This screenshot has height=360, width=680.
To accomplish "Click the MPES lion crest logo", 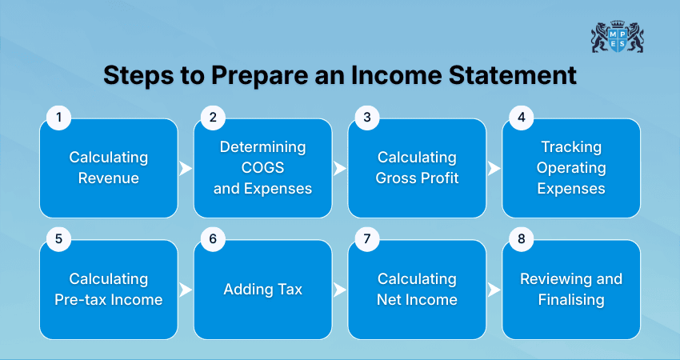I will click(x=617, y=36).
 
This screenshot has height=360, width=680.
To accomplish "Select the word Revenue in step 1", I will click(x=109, y=178).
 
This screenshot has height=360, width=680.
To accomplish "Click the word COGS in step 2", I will click(x=262, y=168).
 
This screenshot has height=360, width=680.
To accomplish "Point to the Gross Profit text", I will click(x=417, y=178).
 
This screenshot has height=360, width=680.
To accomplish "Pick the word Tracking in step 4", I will click(x=571, y=147).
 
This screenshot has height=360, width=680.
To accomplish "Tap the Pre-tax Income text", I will click(x=109, y=300).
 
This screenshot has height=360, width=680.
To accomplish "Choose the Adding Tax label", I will click(x=262, y=289).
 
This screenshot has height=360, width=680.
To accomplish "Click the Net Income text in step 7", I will click(x=417, y=300).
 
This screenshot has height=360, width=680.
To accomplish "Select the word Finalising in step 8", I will click(x=571, y=300).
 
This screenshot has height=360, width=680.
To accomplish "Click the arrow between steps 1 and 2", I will click(x=186, y=169).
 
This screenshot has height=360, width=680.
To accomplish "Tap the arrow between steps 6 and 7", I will click(x=340, y=290).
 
